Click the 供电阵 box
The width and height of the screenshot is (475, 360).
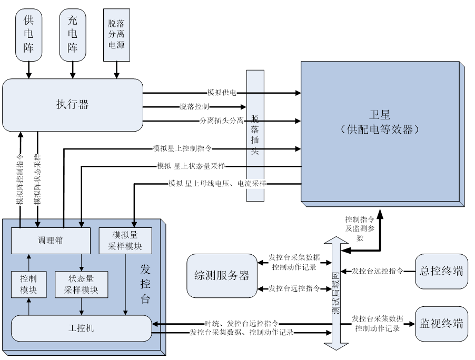[28, 34]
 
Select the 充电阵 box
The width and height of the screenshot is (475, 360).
[72, 34]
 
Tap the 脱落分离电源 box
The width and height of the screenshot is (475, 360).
[116, 34]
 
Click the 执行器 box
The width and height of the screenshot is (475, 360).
[72, 105]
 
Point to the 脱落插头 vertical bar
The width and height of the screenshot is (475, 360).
[255, 136]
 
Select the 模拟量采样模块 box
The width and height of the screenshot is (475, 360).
[125, 240]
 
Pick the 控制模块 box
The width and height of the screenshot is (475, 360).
[28, 284]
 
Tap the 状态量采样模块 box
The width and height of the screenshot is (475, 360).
[81, 284]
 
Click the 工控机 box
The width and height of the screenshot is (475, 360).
[81, 328]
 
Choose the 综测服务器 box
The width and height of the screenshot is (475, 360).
[221, 275]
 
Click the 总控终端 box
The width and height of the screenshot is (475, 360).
[441, 272]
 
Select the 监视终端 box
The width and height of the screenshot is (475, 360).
[441, 324]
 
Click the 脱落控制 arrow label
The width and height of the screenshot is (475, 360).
[194, 107]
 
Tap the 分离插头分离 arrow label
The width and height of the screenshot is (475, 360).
[222, 121]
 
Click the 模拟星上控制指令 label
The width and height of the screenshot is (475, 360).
[182, 148]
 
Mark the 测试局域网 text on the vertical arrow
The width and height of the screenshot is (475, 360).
[335, 293]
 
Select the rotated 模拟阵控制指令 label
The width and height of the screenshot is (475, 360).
[19, 178]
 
